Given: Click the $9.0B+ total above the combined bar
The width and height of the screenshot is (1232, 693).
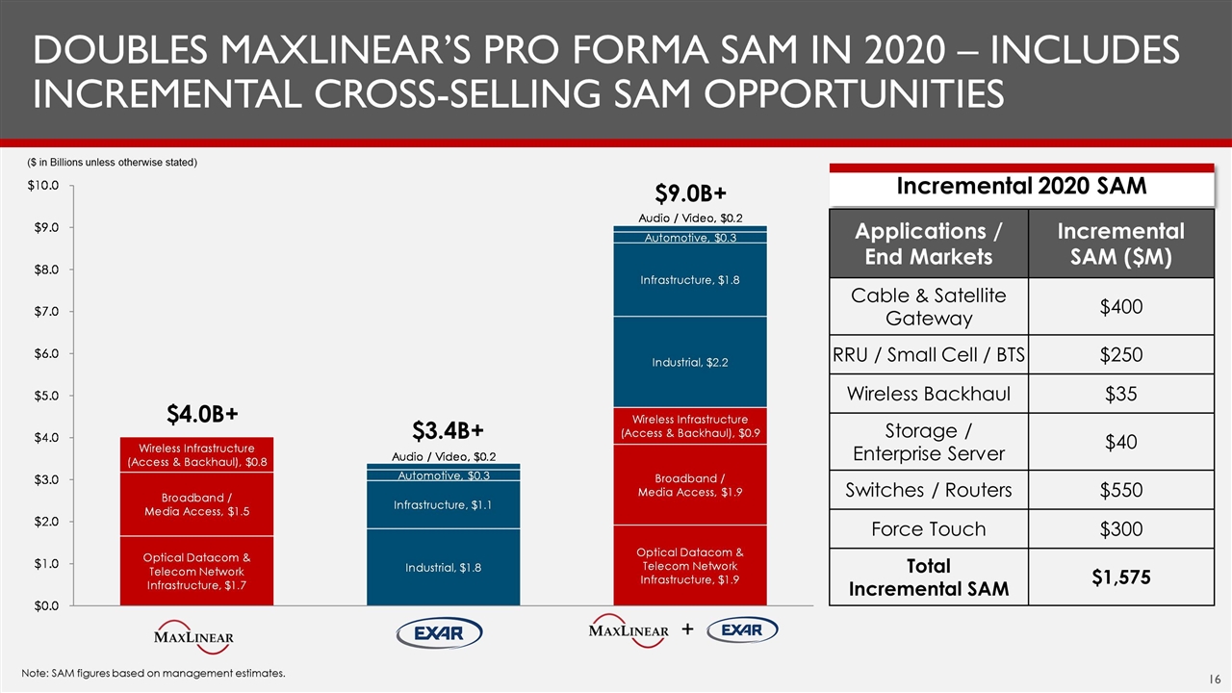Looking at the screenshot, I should click(x=689, y=192).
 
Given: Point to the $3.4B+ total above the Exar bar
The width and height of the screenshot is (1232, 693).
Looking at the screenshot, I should click(x=448, y=428).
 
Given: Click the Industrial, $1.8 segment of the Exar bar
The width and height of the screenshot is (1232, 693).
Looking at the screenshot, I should click(x=444, y=567).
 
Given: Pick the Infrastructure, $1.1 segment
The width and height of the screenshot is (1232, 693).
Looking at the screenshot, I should click(x=444, y=504).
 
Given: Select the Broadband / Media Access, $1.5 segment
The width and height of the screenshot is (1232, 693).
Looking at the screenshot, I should click(x=197, y=504).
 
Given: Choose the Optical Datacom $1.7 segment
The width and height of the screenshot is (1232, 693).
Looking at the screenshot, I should click(x=197, y=571).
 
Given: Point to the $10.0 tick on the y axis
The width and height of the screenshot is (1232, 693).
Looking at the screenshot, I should click(x=42, y=185).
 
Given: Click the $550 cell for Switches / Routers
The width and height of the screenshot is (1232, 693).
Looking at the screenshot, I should click(x=1121, y=490).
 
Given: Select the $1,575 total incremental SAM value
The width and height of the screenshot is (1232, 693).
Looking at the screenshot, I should click(x=1121, y=577).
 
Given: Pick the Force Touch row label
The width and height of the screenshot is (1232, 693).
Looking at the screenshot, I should click(x=928, y=528).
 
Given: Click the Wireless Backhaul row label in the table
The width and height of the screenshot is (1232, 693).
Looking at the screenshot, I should click(x=928, y=394).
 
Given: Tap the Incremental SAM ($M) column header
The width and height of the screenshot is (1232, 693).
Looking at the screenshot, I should click(x=1121, y=244).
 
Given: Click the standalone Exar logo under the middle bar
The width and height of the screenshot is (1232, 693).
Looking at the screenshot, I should click(x=439, y=633).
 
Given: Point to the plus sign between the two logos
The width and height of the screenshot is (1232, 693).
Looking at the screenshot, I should click(x=687, y=630).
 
